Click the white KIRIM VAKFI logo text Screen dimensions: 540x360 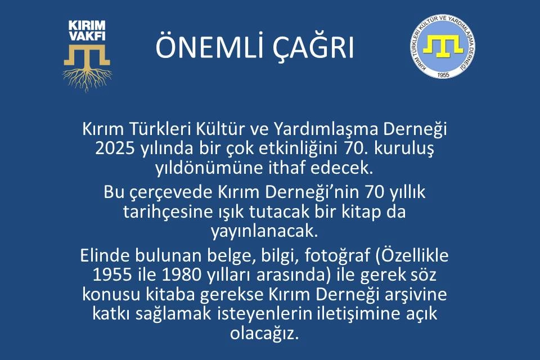(x=87, y=30)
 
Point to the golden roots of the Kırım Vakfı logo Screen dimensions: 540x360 (x=88, y=79)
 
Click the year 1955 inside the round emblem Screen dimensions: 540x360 (x=443, y=74)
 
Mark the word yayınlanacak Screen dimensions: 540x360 (x=263, y=232)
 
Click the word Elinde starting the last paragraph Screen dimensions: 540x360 (x=105, y=256)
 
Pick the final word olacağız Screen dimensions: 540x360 (x=264, y=334)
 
